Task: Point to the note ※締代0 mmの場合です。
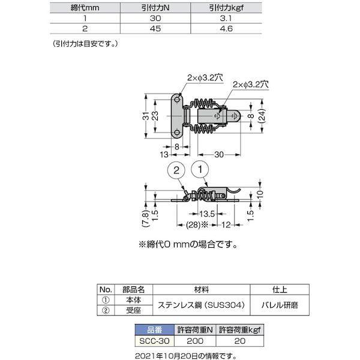point(187,244)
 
